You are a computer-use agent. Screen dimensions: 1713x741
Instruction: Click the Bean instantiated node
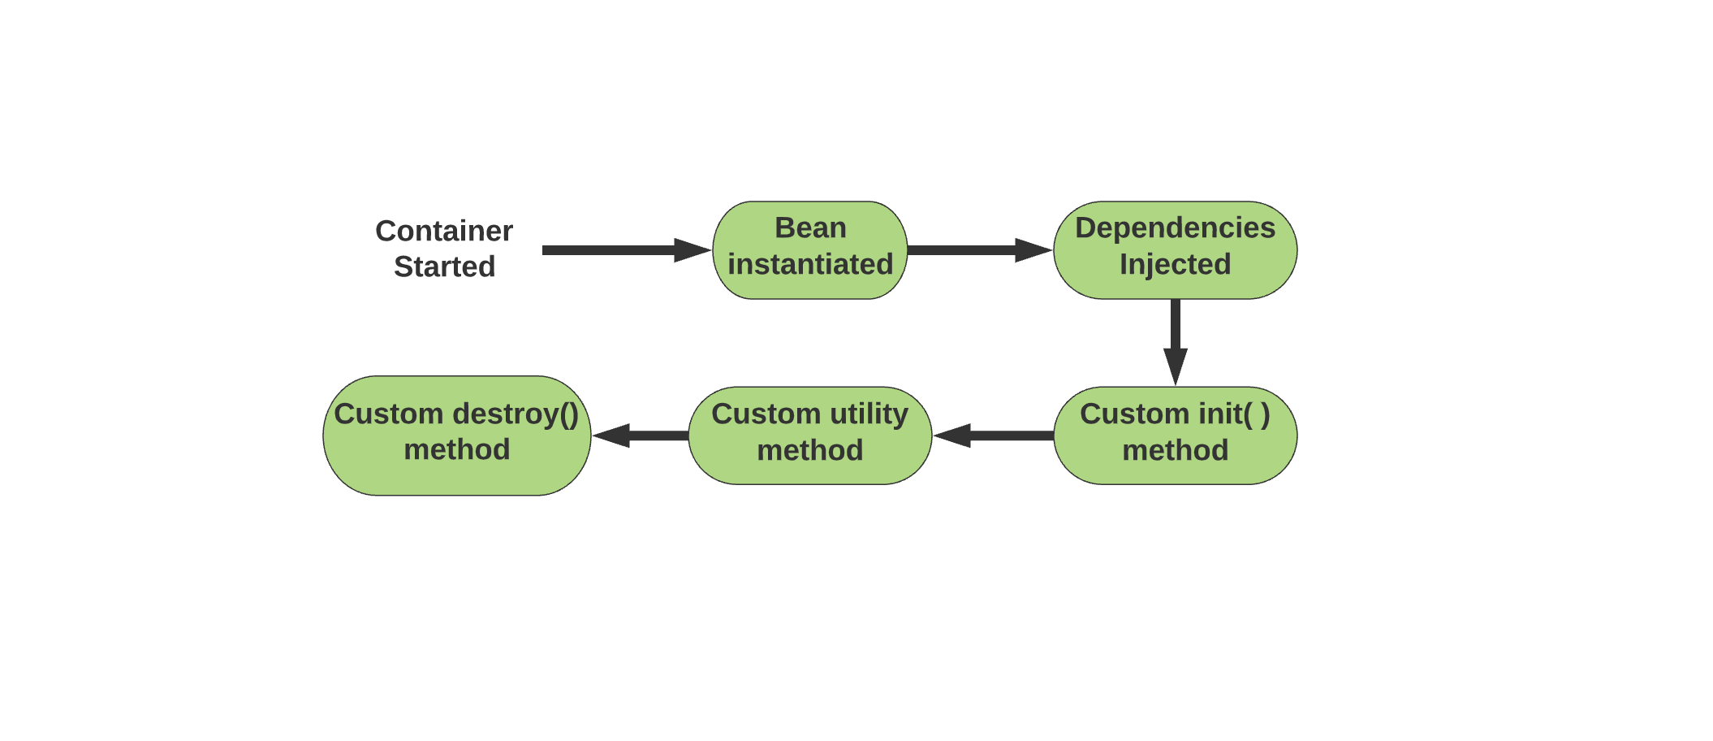(810, 250)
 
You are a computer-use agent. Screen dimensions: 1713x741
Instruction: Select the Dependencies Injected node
(1176, 250)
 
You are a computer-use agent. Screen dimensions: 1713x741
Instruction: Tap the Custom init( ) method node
(1176, 435)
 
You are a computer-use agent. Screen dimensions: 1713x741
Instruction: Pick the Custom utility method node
(810, 435)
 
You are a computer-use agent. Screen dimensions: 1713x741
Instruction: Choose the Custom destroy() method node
(457, 435)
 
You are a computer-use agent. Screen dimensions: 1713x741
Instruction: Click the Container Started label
(444, 249)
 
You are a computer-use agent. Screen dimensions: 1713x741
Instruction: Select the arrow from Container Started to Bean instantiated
(627, 250)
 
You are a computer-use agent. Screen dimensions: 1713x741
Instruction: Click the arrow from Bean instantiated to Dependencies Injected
(980, 250)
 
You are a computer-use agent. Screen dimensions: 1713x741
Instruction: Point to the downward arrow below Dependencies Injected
(1176, 342)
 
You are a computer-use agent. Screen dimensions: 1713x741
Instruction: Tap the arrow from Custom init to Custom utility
(994, 435)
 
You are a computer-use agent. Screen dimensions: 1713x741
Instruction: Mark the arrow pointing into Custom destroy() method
(641, 435)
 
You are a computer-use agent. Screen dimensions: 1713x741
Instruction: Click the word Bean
(810, 227)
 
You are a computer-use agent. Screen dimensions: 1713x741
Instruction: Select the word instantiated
(810, 264)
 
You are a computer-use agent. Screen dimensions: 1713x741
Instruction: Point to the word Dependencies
(1176, 228)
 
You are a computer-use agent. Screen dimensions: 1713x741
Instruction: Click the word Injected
(1176, 265)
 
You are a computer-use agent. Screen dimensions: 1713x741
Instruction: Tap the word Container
(444, 231)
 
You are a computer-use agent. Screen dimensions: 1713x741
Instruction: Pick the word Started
(444, 266)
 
